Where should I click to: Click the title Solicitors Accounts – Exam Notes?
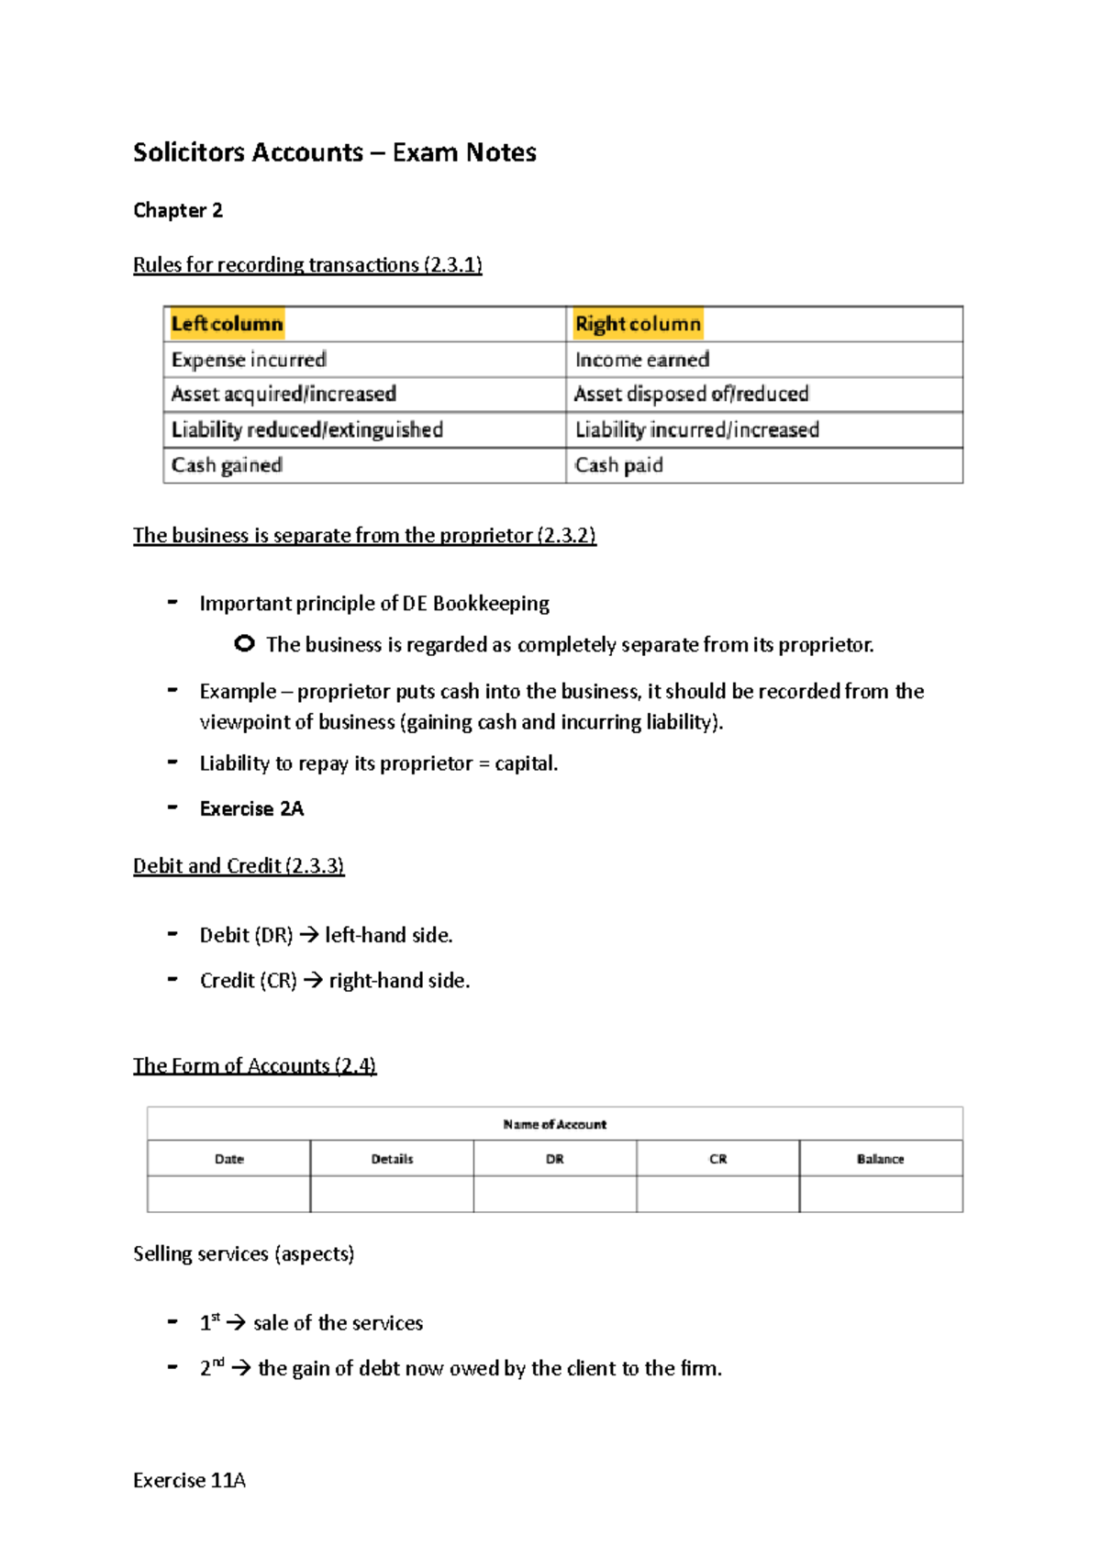tap(334, 152)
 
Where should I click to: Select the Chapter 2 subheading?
tap(178, 210)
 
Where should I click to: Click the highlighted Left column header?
tap(227, 324)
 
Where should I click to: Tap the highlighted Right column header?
tap(638, 324)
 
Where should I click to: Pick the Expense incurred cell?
tap(249, 360)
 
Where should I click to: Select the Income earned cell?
tap(642, 360)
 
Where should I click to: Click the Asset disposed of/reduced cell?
tap(691, 395)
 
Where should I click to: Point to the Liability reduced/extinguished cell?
tap(306, 430)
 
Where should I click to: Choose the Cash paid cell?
tap(618, 465)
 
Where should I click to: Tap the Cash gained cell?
tap(227, 465)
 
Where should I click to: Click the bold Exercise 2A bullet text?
tap(251, 808)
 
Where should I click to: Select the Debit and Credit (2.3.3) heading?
tap(239, 866)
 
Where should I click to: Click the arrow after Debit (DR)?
tap(309, 936)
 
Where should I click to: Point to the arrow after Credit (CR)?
tap(313, 981)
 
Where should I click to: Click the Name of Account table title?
tap(554, 1124)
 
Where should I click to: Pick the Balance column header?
tap(880, 1159)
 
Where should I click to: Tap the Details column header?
tap(392, 1159)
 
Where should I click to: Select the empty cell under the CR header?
tap(717, 1194)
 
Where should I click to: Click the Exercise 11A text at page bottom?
tap(189, 1480)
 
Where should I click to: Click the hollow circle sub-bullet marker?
tap(244, 644)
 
